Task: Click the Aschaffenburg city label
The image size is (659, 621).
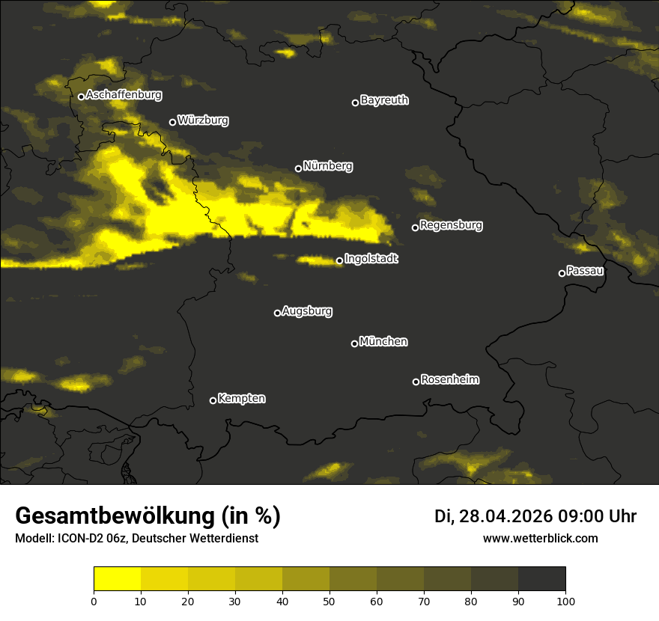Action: click(x=124, y=95)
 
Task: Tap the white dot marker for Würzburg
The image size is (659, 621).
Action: click(x=172, y=122)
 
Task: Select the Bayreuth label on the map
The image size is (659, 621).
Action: click(x=384, y=100)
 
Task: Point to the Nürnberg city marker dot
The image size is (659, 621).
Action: click(x=298, y=168)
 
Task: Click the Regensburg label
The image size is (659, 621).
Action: click(x=451, y=225)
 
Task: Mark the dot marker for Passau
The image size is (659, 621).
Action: click(x=562, y=273)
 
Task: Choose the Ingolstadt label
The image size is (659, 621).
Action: click(x=371, y=259)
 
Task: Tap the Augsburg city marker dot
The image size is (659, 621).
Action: click(x=277, y=313)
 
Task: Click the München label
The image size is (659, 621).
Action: click(x=383, y=342)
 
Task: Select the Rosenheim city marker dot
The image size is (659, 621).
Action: click(x=416, y=382)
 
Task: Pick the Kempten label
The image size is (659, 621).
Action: click(x=241, y=399)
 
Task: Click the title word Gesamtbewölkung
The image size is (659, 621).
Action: click(x=116, y=516)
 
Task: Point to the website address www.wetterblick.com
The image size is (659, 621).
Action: click(x=541, y=538)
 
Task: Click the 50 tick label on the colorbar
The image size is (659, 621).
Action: click(x=329, y=601)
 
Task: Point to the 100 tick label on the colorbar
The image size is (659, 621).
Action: click(x=565, y=601)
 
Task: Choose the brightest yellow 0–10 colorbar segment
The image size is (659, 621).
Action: click(x=117, y=578)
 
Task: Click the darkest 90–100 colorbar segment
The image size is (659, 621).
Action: click(x=541, y=578)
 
